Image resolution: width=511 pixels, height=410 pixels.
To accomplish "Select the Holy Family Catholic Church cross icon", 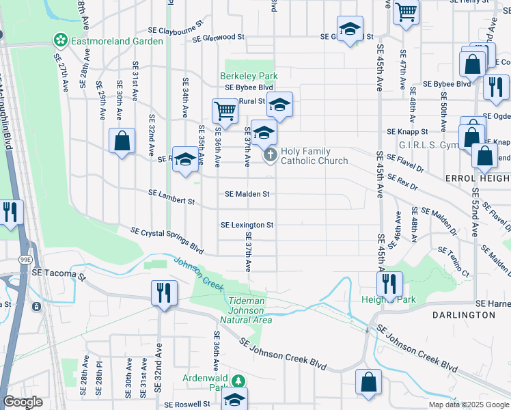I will point(271,156).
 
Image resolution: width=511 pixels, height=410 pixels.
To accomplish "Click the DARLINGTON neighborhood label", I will point(463,315).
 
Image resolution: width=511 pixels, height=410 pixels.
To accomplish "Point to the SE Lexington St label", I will point(247,225).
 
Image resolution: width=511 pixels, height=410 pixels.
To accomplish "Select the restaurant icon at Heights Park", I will point(389,282).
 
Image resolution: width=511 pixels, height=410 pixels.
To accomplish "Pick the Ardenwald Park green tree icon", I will point(238,379).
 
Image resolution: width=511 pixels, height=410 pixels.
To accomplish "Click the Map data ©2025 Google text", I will point(468,405).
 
